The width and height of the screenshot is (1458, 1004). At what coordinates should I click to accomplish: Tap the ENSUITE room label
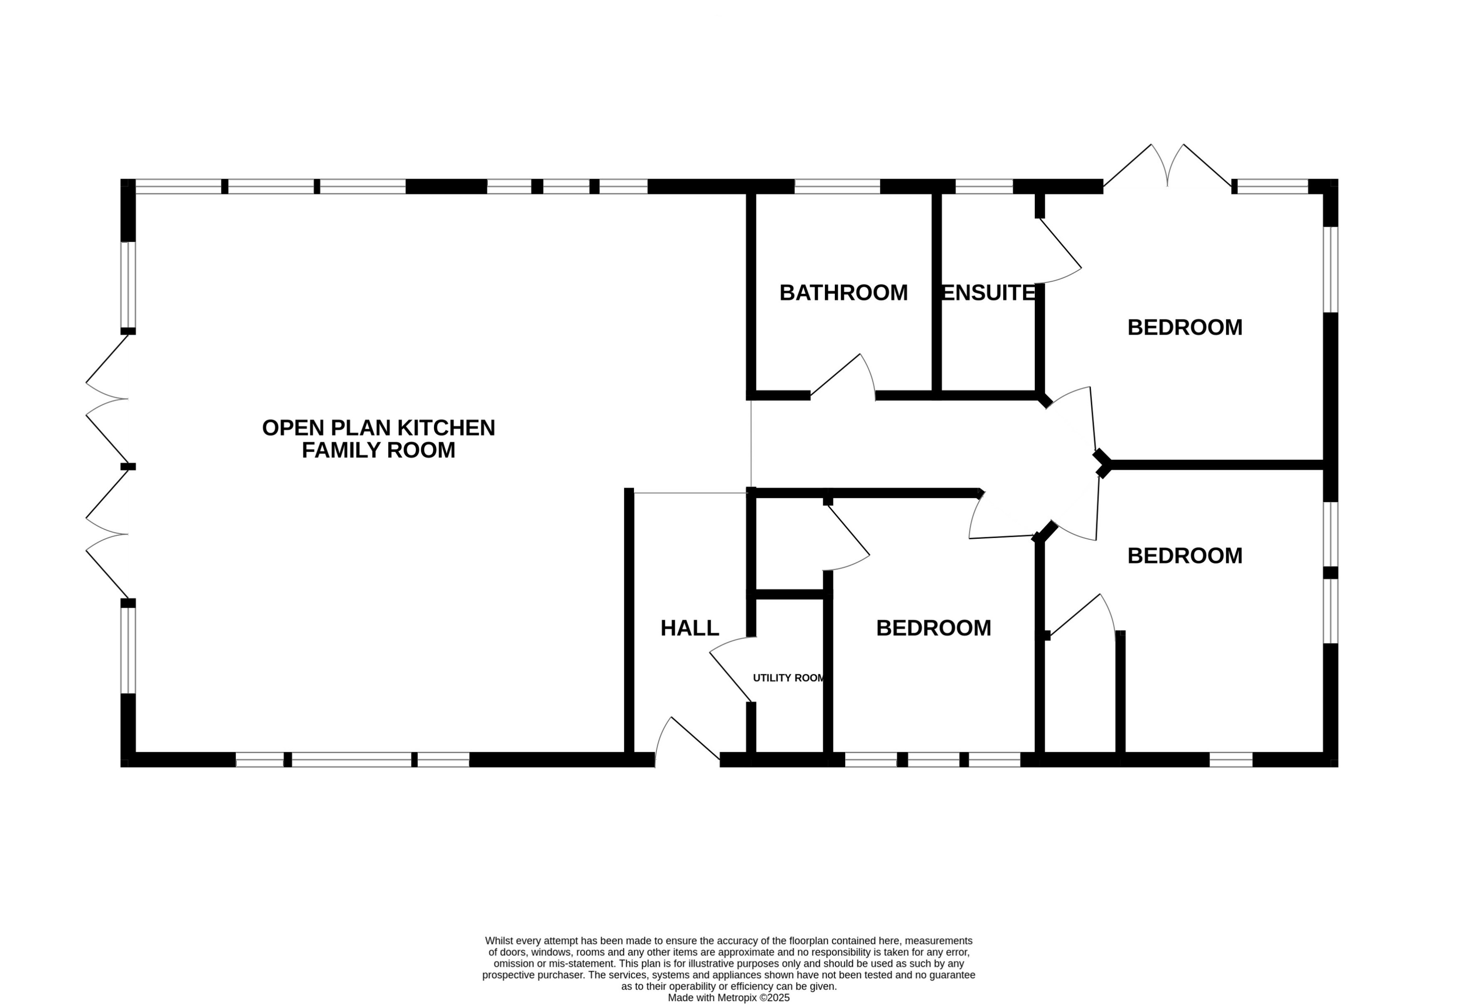coord(987,293)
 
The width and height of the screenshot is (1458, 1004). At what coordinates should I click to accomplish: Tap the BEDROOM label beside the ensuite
coord(1184,328)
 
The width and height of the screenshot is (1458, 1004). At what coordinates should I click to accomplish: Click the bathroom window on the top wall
coord(837,186)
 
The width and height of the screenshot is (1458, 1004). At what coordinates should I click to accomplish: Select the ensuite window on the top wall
coord(984,186)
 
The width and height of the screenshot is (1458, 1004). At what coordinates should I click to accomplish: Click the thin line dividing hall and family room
coord(690,493)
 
